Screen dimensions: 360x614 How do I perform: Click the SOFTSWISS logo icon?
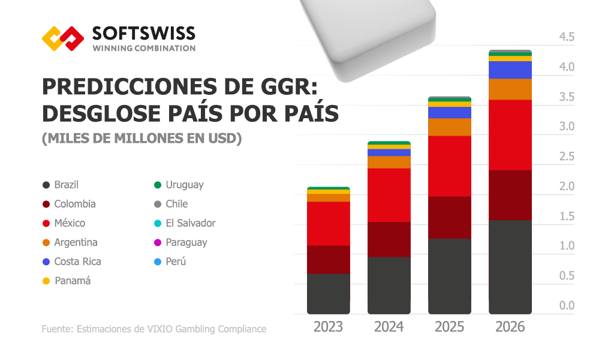click(62, 38)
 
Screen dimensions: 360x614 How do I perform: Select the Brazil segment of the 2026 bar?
click(510, 266)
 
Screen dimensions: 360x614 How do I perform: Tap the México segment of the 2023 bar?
click(328, 223)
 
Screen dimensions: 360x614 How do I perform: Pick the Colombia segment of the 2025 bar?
click(449, 217)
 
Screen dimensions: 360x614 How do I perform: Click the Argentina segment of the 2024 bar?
click(389, 162)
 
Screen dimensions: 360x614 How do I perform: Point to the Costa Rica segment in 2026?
click(510, 70)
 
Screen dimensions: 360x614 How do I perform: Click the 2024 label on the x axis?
click(389, 327)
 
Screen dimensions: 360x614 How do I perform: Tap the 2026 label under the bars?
click(510, 327)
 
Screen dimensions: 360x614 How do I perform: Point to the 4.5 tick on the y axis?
click(566, 37)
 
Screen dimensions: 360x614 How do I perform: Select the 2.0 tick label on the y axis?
click(566, 187)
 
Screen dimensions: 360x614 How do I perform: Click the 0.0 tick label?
click(566, 306)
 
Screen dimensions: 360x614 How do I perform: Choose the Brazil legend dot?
click(46, 185)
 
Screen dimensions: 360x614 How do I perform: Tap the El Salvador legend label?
click(190, 223)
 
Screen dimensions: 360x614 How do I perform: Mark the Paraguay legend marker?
click(157, 242)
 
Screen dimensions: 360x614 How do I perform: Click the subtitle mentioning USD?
click(142, 139)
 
